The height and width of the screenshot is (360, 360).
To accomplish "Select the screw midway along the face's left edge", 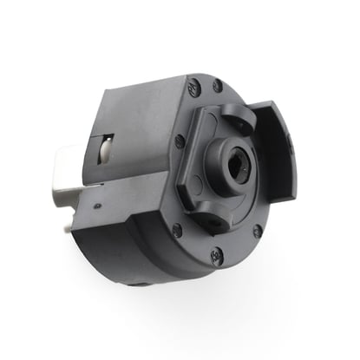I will [x=179, y=141].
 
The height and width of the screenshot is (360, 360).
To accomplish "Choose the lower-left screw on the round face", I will [x=178, y=230].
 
